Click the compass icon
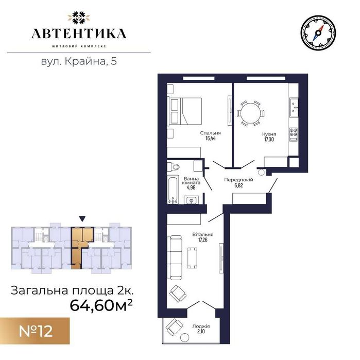(318, 32)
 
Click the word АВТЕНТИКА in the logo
(78, 34)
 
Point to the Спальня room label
(211, 132)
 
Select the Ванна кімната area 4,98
(191, 188)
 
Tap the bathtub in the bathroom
(174, 189)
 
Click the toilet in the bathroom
(174, 166)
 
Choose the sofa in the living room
(176, 255)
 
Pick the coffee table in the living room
(193, 256)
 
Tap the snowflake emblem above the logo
(78, 16)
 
